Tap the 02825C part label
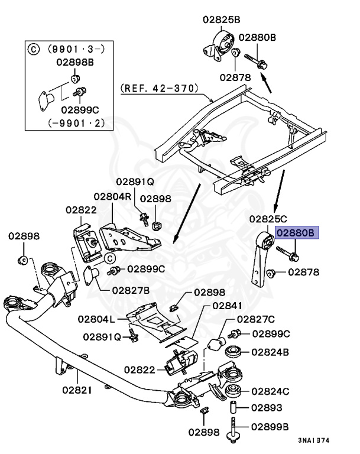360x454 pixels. pos(268,219)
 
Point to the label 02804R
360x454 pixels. pos(112,196)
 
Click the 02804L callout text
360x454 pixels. pos(96,319)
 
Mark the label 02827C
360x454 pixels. pos(256,319)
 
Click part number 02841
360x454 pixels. pos(228,306)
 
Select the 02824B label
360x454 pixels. pos(270,352)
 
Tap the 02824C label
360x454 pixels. pos(270,391)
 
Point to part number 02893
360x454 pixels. pos(266,408)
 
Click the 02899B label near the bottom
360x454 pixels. pos(270,426)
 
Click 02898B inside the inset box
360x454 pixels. pos(77,61)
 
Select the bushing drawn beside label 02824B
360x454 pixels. pos(232,352)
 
